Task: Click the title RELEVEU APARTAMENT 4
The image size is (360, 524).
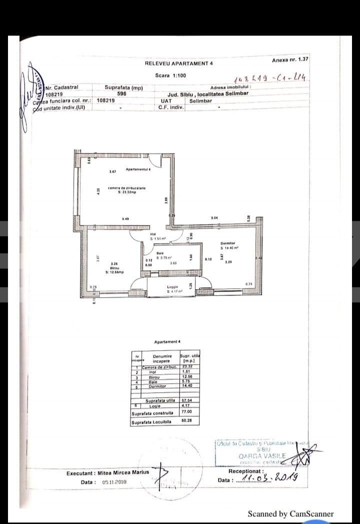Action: click(x=178, y=64)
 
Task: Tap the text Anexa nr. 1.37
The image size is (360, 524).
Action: click(x=290, y=60)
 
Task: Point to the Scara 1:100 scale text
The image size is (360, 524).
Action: click(x=170, y=76)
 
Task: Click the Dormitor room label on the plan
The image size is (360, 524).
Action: click(x=227, y=243)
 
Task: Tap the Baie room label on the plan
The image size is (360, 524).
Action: click(x=160, y=253)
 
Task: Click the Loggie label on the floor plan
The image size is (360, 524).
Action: click(x=172, y=287)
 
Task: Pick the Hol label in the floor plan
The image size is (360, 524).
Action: click(x=153, y=234)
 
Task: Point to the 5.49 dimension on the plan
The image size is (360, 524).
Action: click(x=125, y=219)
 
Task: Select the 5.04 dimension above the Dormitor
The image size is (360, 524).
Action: click(x=214, y=218)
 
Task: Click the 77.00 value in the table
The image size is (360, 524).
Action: click(x=186, y=411)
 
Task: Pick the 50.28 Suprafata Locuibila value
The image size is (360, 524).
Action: click(x=187, y=421)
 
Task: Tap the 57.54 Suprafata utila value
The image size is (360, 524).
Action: click(x=186, y=400)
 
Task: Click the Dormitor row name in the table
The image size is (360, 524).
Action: click(x=156, y=386)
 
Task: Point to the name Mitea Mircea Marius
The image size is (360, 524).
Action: click(x=121, y=473)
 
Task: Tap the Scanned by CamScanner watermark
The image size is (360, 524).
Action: click(x=290, y=513)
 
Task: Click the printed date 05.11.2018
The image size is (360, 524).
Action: click(x=114, y=482)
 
